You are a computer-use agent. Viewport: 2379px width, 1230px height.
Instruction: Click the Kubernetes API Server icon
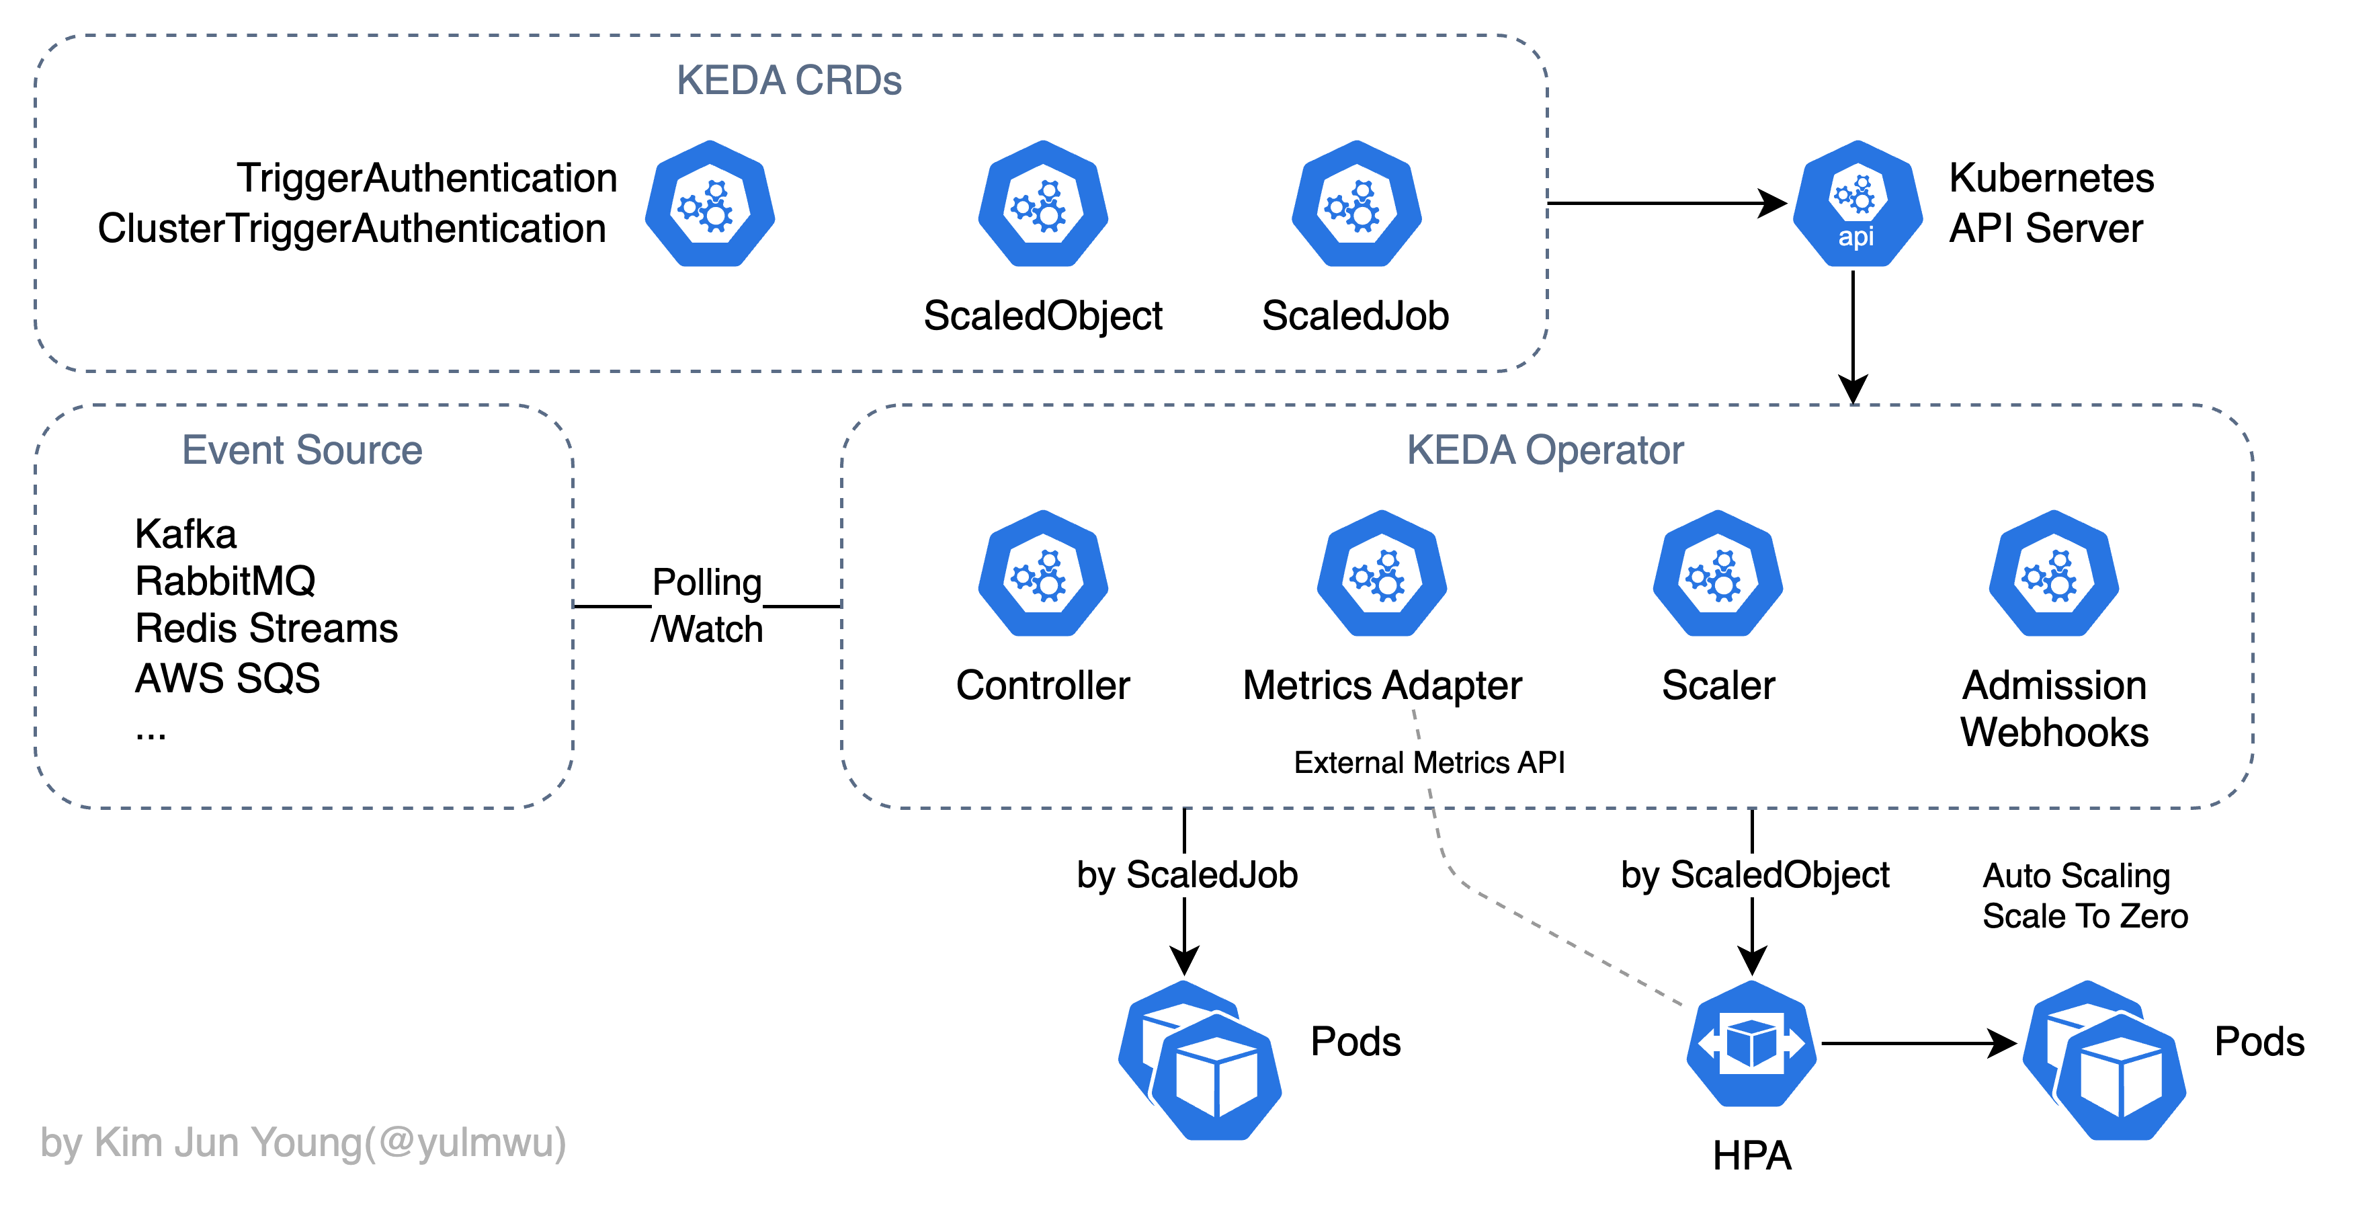(x=1856, y=204)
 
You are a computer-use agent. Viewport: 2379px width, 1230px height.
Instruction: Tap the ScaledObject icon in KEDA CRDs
(x=1042, y=204)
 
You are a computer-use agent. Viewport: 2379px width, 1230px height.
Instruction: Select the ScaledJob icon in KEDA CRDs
(x=1355, y=204)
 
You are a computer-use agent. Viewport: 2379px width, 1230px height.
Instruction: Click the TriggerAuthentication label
(x=427, y=178)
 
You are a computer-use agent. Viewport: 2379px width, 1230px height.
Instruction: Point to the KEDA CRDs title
(x=789, y=81)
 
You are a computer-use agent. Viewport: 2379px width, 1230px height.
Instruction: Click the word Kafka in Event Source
(x=185, y=534)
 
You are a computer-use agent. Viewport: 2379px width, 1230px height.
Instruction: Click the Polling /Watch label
(x=708, y=606)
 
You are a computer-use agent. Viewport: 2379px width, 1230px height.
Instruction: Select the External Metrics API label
(x=1429, y=763)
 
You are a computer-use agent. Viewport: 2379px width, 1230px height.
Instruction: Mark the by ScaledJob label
(x=1187, y=874)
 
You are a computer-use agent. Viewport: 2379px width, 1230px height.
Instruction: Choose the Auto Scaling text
(x=2076, y=875)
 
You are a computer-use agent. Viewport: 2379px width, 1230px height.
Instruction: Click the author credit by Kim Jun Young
(x=303, y=1143)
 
